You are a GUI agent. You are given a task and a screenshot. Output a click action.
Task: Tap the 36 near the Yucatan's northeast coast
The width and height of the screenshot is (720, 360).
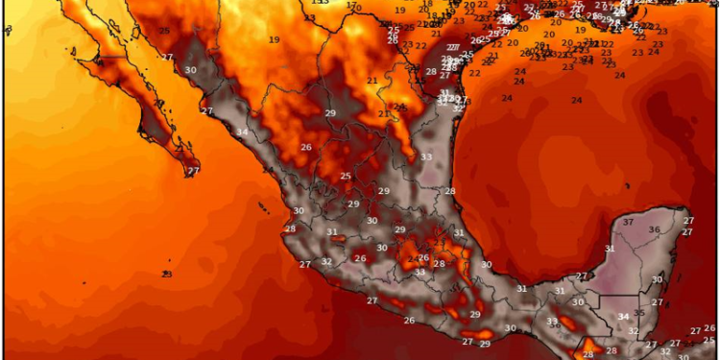tap(654, 229)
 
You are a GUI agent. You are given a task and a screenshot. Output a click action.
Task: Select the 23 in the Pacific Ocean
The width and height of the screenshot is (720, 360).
tap(167, 275)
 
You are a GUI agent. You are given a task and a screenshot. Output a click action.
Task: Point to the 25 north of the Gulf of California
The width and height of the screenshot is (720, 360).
tap(164, 32)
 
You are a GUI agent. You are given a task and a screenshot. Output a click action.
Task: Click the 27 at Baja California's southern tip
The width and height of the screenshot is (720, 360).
tap(193, 171)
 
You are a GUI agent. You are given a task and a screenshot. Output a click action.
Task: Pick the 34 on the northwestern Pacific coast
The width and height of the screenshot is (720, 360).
tap(242, 132)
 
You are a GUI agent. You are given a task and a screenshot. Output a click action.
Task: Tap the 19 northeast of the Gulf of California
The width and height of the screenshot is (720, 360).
tap(274, 39)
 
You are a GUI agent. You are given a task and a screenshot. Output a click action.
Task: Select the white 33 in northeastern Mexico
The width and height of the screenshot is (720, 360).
tap(425, 157)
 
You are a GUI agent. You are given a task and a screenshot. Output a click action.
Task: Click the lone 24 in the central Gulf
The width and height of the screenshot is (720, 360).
tap(577, 101)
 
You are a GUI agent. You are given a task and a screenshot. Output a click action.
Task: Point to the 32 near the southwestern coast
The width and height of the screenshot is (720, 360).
tap(326, 262)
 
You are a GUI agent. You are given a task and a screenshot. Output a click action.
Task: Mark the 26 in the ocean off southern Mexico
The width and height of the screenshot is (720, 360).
tap(409, 321)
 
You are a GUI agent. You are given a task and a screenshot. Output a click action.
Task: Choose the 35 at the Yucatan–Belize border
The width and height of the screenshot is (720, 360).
tap(638, 314)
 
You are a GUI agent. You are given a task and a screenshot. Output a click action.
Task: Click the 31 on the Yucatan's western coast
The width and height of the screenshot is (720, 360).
tap(560, 291)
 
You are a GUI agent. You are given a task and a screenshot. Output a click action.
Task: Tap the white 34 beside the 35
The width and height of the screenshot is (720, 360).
tap(623, 318)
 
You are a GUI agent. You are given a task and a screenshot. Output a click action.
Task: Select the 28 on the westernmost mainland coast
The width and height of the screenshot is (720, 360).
tap(290, 229)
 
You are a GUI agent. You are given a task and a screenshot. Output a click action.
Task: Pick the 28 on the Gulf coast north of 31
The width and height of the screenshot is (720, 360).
tap(449, 192)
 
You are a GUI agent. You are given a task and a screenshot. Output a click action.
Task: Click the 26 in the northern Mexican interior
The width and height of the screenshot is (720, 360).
tap(306, 148)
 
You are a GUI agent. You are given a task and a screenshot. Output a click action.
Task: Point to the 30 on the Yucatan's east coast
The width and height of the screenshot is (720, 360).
tap(657, 279)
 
